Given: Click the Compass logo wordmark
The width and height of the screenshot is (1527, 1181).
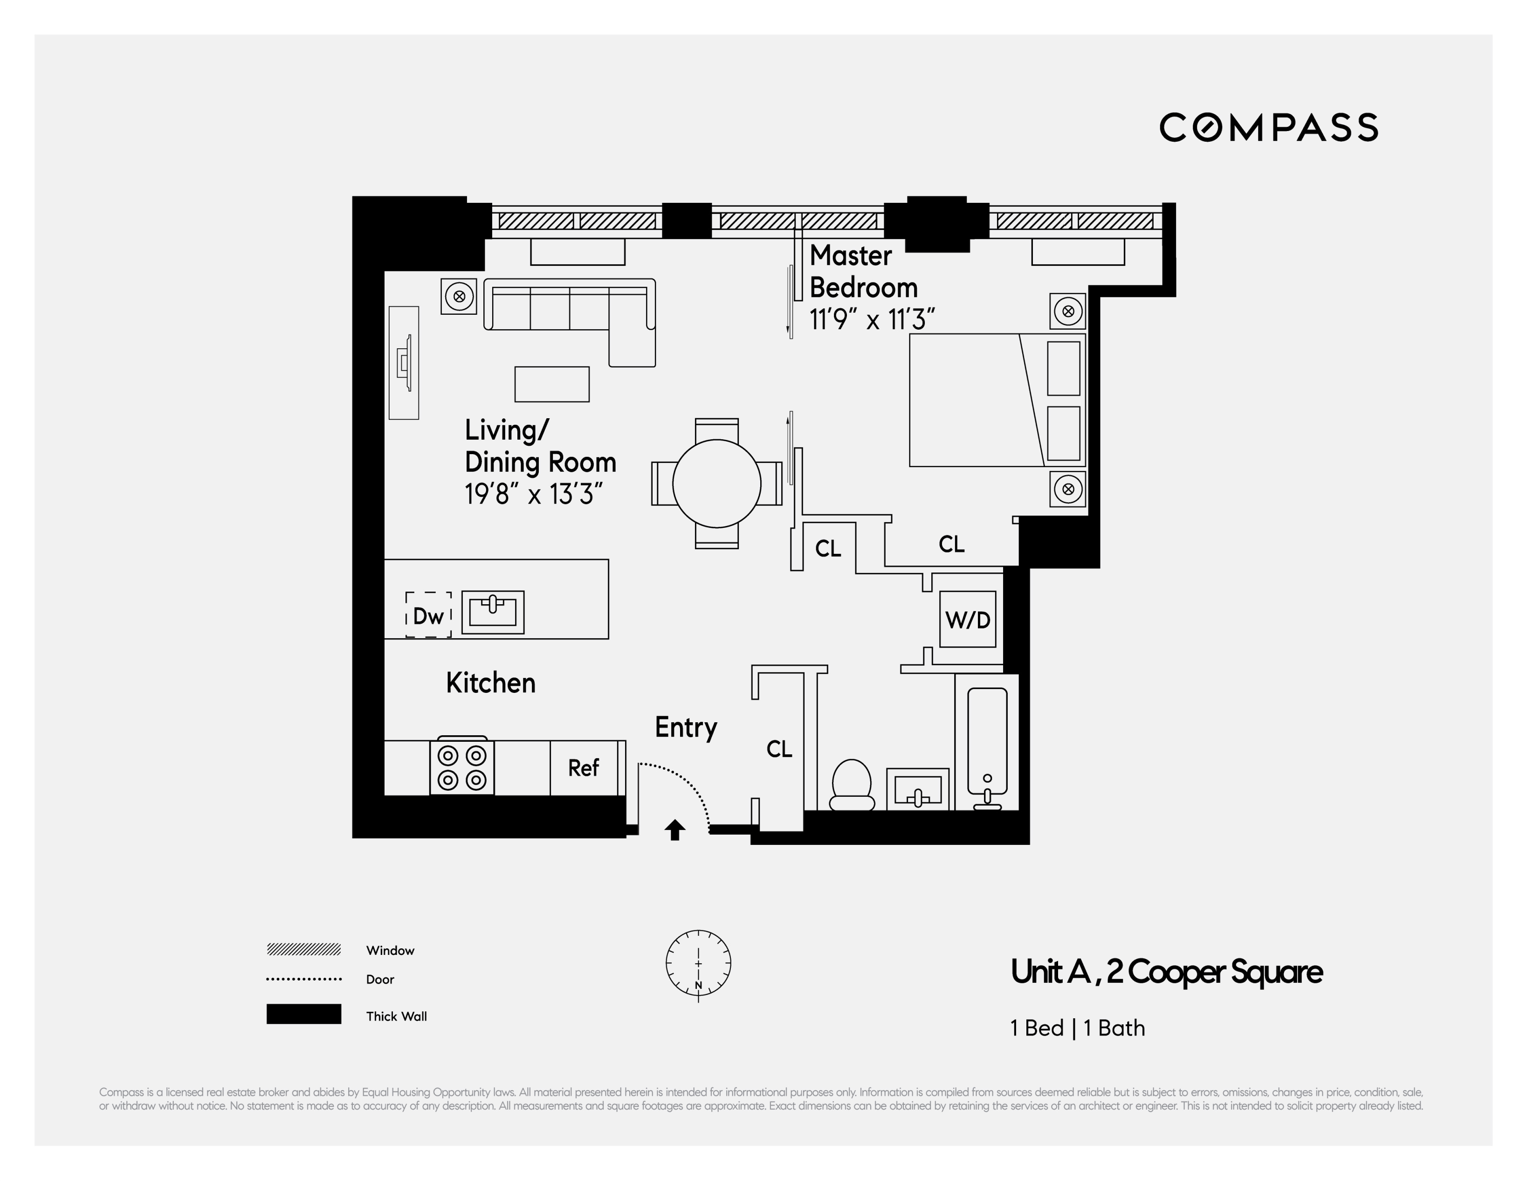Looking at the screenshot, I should coord(1268,127).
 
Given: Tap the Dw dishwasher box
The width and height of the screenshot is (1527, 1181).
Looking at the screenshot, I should coord(428,615).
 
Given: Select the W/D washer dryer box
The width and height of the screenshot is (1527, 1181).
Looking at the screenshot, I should coord(968,619).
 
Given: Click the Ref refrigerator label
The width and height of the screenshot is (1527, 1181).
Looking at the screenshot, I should coord(583,768).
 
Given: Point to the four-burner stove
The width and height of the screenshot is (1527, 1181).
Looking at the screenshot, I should coord(461,767).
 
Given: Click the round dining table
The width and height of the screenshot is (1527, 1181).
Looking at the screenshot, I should coord(717,483).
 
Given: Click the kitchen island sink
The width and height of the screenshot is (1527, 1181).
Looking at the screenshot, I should coord(493,612).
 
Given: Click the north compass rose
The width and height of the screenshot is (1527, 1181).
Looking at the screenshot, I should coord(698,964).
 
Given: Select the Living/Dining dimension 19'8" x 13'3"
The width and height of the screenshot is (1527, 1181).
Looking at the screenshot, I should coord(533,494).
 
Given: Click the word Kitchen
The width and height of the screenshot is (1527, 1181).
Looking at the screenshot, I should coord(491,683).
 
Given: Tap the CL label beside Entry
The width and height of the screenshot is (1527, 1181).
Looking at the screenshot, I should coord(779,749).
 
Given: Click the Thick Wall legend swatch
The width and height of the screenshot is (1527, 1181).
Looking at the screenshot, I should coord(303,1014).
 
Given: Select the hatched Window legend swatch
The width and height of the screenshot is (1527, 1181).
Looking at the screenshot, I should coord(303,949).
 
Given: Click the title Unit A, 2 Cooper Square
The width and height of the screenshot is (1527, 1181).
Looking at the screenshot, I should coord(1166,972).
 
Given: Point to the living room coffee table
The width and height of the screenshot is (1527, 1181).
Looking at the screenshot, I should coord(552,384).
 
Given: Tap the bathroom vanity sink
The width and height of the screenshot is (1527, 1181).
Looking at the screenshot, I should coord(917,790).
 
